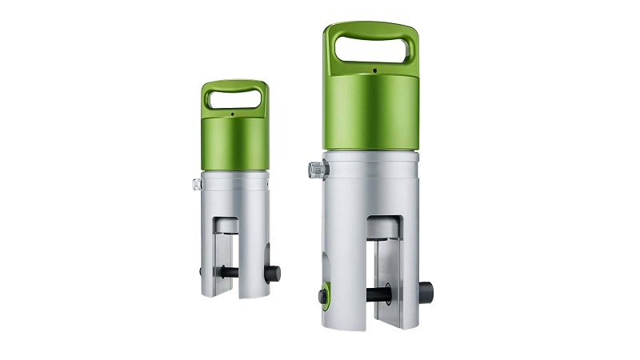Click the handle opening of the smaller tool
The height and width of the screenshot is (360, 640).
234,98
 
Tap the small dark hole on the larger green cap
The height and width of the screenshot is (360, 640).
373,70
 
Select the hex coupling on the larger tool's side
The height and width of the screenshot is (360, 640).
314,170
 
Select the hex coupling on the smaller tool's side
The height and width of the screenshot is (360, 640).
196,184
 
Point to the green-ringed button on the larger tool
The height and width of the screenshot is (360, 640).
322,296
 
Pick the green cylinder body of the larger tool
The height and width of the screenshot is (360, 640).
371,112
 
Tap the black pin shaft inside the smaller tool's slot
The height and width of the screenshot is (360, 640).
231,273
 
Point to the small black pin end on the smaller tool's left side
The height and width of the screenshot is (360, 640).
201,272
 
